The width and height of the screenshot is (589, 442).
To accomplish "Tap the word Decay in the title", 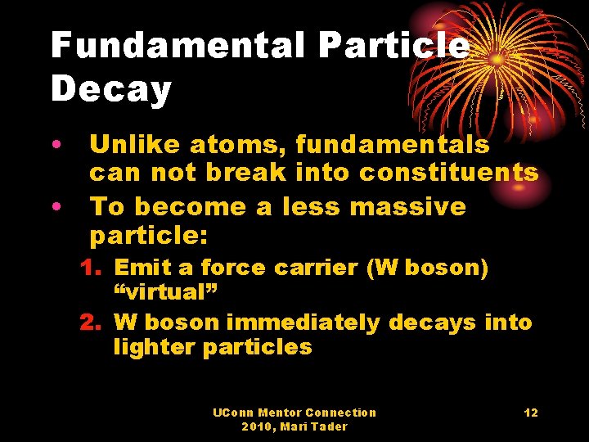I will coord(111,89).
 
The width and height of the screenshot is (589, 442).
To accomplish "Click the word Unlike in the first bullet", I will coord(135,146).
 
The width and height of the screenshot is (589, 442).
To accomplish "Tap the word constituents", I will coord(449,173).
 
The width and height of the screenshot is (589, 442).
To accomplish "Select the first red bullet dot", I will coord(56,147).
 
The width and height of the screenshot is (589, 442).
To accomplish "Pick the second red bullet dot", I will coord(56,207).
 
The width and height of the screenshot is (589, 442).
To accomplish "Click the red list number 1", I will coord(88,268).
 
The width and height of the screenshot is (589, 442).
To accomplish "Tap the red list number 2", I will coord(88,322).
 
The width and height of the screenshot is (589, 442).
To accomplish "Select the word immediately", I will coord(303,322).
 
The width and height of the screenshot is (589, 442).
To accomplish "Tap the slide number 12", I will coord(531,413).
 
